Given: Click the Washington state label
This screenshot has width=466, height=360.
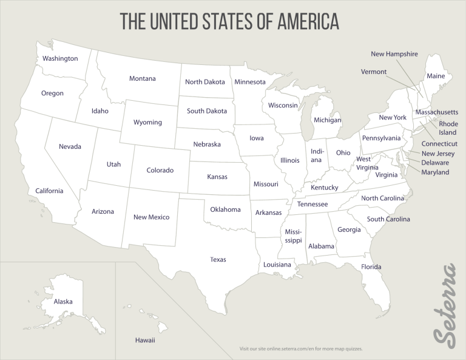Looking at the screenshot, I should click(60, 58).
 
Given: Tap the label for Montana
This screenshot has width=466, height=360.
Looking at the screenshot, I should click(142, 78).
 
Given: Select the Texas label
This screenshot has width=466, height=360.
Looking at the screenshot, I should click(218, 259).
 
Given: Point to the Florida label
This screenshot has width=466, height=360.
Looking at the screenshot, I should click(371, 267).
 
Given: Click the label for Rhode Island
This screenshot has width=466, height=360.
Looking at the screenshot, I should click(448, 128).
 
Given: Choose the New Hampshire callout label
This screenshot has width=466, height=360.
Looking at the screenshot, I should click(394, 54).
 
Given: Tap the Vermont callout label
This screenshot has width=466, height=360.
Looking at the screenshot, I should click(374, 72).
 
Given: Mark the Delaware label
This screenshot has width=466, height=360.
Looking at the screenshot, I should click(435, 163).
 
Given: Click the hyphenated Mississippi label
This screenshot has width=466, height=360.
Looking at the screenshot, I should click(294, 236).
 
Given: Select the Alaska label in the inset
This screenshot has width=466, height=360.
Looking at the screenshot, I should click(63, 302).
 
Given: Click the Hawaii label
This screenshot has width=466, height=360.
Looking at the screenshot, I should click(145, 340).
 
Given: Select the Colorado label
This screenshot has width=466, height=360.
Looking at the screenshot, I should click(160, 170).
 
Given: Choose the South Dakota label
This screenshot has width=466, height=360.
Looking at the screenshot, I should click(207, 111).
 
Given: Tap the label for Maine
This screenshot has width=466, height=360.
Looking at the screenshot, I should click(436, 76).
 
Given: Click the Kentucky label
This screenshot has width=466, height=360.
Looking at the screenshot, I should click(324, 188).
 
